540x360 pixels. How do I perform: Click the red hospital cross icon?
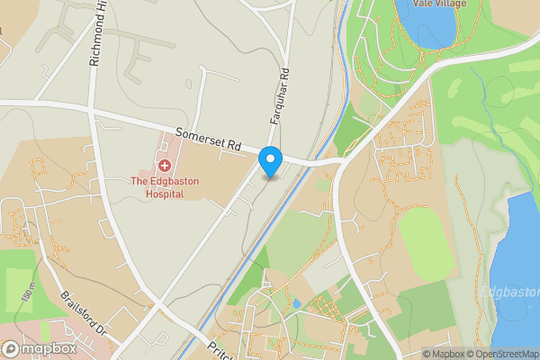point(165,166)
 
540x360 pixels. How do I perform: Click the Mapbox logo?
point(39,349)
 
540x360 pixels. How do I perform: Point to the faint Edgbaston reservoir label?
point(508,292)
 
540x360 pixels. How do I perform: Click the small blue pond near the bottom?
point(296,303)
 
